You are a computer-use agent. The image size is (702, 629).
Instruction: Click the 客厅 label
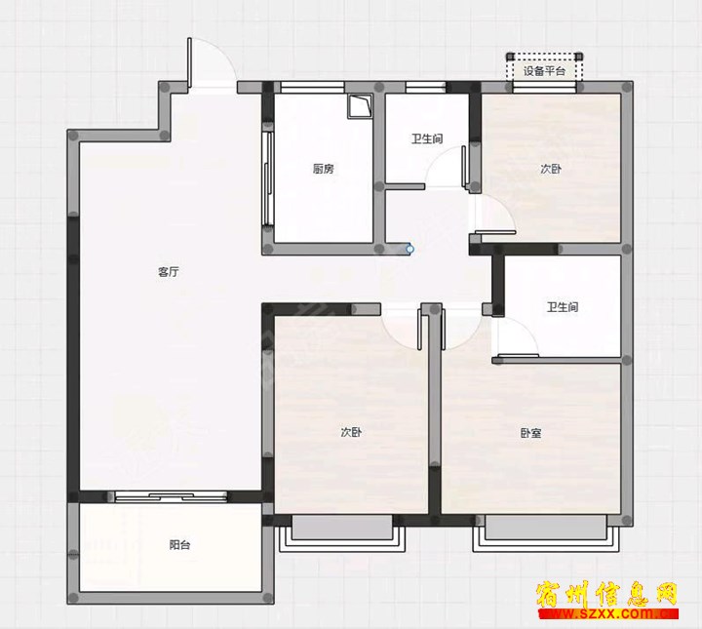click(169, 272)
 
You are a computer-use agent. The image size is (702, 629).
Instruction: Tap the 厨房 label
click(324, 169)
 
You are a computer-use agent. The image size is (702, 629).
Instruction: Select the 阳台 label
click(180, 545)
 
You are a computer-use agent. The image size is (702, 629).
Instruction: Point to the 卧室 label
click(530, 433)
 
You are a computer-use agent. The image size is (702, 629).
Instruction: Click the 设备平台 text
click(544, 71)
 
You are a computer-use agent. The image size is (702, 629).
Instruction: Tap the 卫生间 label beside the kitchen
click(427, 138)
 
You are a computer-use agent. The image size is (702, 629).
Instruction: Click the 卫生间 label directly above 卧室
click(563, 307)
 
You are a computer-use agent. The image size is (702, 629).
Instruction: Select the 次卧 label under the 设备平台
click(551, 169)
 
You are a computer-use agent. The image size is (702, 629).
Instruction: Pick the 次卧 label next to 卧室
click(351, 432)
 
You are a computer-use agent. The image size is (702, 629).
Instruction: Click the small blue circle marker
click(409, 249)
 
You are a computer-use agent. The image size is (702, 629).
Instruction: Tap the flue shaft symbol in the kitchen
click(360, 106)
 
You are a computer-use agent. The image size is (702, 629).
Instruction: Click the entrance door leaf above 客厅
click(190, 62)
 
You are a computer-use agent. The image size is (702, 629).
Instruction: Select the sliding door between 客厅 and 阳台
click(171, 496)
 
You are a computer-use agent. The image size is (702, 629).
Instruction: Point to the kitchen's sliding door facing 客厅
click(268, 178)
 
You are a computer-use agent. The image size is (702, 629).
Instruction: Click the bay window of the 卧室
click(546, 532)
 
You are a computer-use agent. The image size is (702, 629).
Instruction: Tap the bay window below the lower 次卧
click(342, 532)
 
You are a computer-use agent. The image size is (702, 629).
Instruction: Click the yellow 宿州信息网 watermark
click(607, 594)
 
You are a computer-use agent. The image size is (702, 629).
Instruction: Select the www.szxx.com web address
click(608, 613)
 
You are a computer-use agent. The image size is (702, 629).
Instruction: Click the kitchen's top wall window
click(312, 88)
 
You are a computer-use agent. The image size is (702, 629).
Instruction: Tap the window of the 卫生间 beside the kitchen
click(425, 88)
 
